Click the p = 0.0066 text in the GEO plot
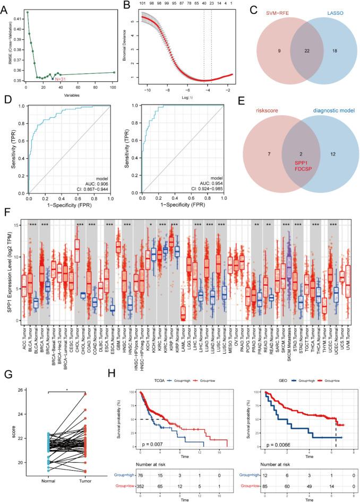tap(277, 428)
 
